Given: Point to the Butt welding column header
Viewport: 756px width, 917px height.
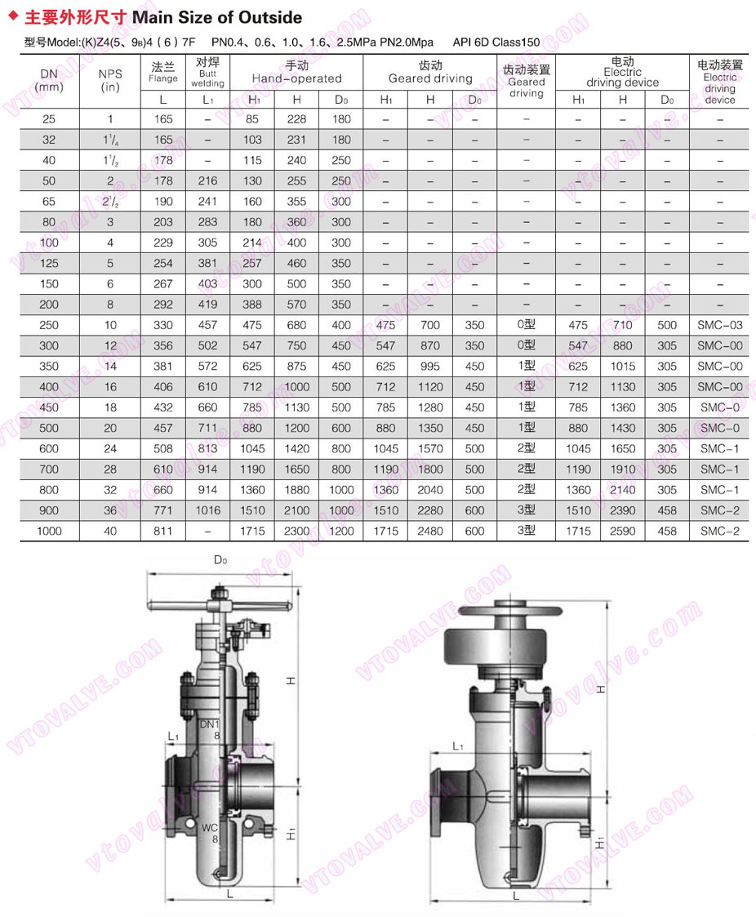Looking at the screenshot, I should pos(207,72).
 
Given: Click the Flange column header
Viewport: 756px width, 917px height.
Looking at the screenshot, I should pos(163,72).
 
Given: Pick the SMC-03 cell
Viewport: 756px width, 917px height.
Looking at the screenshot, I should pos(719,325).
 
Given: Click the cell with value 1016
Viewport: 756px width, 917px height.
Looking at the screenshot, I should pos(207,510).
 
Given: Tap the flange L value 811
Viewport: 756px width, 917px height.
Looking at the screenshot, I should pos(163,531).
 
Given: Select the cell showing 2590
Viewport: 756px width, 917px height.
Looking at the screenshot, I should pos(622,531).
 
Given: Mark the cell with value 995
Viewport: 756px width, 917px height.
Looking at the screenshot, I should pos(429,367).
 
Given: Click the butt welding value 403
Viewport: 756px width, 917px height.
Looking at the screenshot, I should pos(207,284).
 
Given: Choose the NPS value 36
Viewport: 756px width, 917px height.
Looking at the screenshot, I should pos(110,510).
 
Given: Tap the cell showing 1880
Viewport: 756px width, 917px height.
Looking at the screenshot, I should pos(297,490).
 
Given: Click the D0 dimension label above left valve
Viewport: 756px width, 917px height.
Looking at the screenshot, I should pos(220,560).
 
